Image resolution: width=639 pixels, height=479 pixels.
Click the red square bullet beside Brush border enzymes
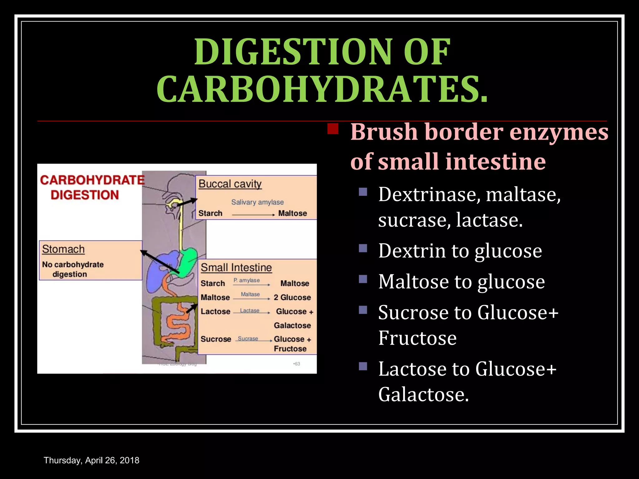(333, 129)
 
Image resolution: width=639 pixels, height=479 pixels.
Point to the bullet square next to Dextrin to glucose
(363, 248)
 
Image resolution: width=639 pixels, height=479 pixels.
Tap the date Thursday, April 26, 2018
(91, 460)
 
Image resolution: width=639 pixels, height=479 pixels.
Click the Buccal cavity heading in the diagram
(230, 184)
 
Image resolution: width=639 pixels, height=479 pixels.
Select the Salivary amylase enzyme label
(257, 202)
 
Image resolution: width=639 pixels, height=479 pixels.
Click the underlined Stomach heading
(63, 249)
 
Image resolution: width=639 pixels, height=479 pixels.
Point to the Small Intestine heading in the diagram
(236, 268)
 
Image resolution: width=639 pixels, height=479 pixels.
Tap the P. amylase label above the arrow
(246, 280)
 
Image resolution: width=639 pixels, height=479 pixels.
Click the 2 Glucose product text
(292, 298)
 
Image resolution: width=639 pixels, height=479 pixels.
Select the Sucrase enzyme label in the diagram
(248, 339)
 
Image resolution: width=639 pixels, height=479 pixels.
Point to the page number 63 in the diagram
(297, 364)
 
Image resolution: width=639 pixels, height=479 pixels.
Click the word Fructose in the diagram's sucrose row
(290, 349)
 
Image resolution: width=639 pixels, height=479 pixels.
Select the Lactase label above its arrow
(250, 311)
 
